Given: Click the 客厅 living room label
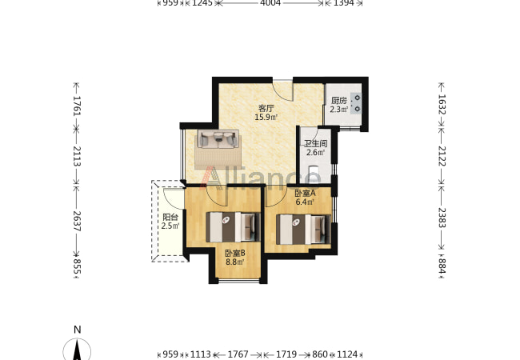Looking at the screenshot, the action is pyautogui.click(x=266, y=108).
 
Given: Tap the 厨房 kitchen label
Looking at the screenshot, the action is pyautogui.click(x=339, y=101).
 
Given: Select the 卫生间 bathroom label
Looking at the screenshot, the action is pyautogui.click(x=316, y=144).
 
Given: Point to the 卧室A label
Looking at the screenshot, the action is pyautogui.click(x=305, y=193).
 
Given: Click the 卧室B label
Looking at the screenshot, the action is pyautogui.click(x=235, y=254).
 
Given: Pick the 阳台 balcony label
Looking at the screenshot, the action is pyautogui.click(x=170, y=218).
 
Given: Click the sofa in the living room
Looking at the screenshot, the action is pyautogui.click(x=218, y=138).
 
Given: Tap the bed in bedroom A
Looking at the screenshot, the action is pyautogui.click(x=303, y=230).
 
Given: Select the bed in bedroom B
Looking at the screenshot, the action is pyautogui.click(x=233, y=227).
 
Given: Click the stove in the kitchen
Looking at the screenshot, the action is pyautogui.click(x=357, y=103).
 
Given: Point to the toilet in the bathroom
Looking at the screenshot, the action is pyautogui.click(x=314, y=174).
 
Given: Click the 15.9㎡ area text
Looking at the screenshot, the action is pyautogui.click(x=266, y=117).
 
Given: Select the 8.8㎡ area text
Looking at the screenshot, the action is pyautogui.click(x=235, y=262).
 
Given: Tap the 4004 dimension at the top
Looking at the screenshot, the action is pyautogui.click(x=270, y=3).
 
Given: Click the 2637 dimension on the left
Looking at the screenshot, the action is pyautogui.click(x=77, y=221).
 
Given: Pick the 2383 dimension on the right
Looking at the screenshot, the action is pyautogui.click(x=442, y=218).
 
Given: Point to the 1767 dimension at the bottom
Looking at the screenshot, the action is pyautogui.click(x=238, y=354).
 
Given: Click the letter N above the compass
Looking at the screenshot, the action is pyautogui.click(x=78, y=330).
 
